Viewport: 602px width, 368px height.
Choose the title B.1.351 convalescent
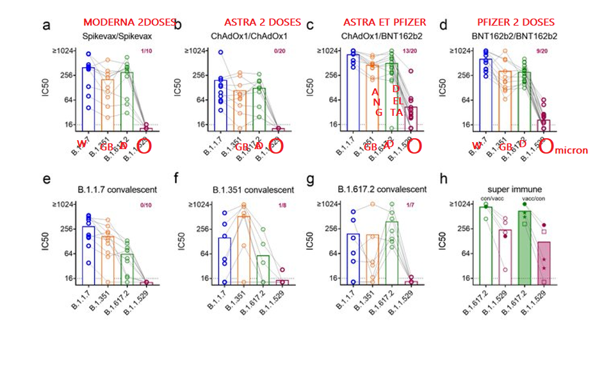coord(253,189)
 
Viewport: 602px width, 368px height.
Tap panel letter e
coord(46,180)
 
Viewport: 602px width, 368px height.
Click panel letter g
coord(311,180)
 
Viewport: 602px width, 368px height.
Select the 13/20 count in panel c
coord(410,51)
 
